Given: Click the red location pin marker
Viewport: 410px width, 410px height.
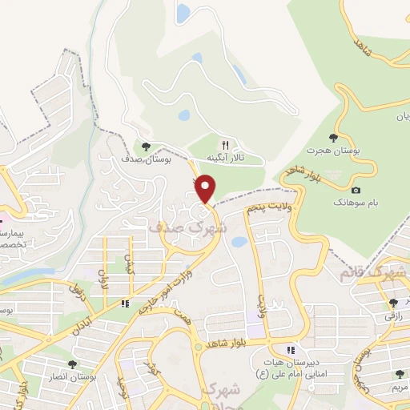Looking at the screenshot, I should point(206,189).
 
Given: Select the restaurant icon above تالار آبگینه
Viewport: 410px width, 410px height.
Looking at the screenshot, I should point(225,144).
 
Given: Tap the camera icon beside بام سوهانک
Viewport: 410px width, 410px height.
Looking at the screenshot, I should point(356,191).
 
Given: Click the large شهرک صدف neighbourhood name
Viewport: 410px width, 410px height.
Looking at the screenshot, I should point(189,227).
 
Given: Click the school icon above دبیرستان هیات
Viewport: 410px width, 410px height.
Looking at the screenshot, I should point(291,350).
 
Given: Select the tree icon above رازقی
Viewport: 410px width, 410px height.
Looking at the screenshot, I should point(392,303).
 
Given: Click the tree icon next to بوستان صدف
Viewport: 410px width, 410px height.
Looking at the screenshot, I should point(145,147).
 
